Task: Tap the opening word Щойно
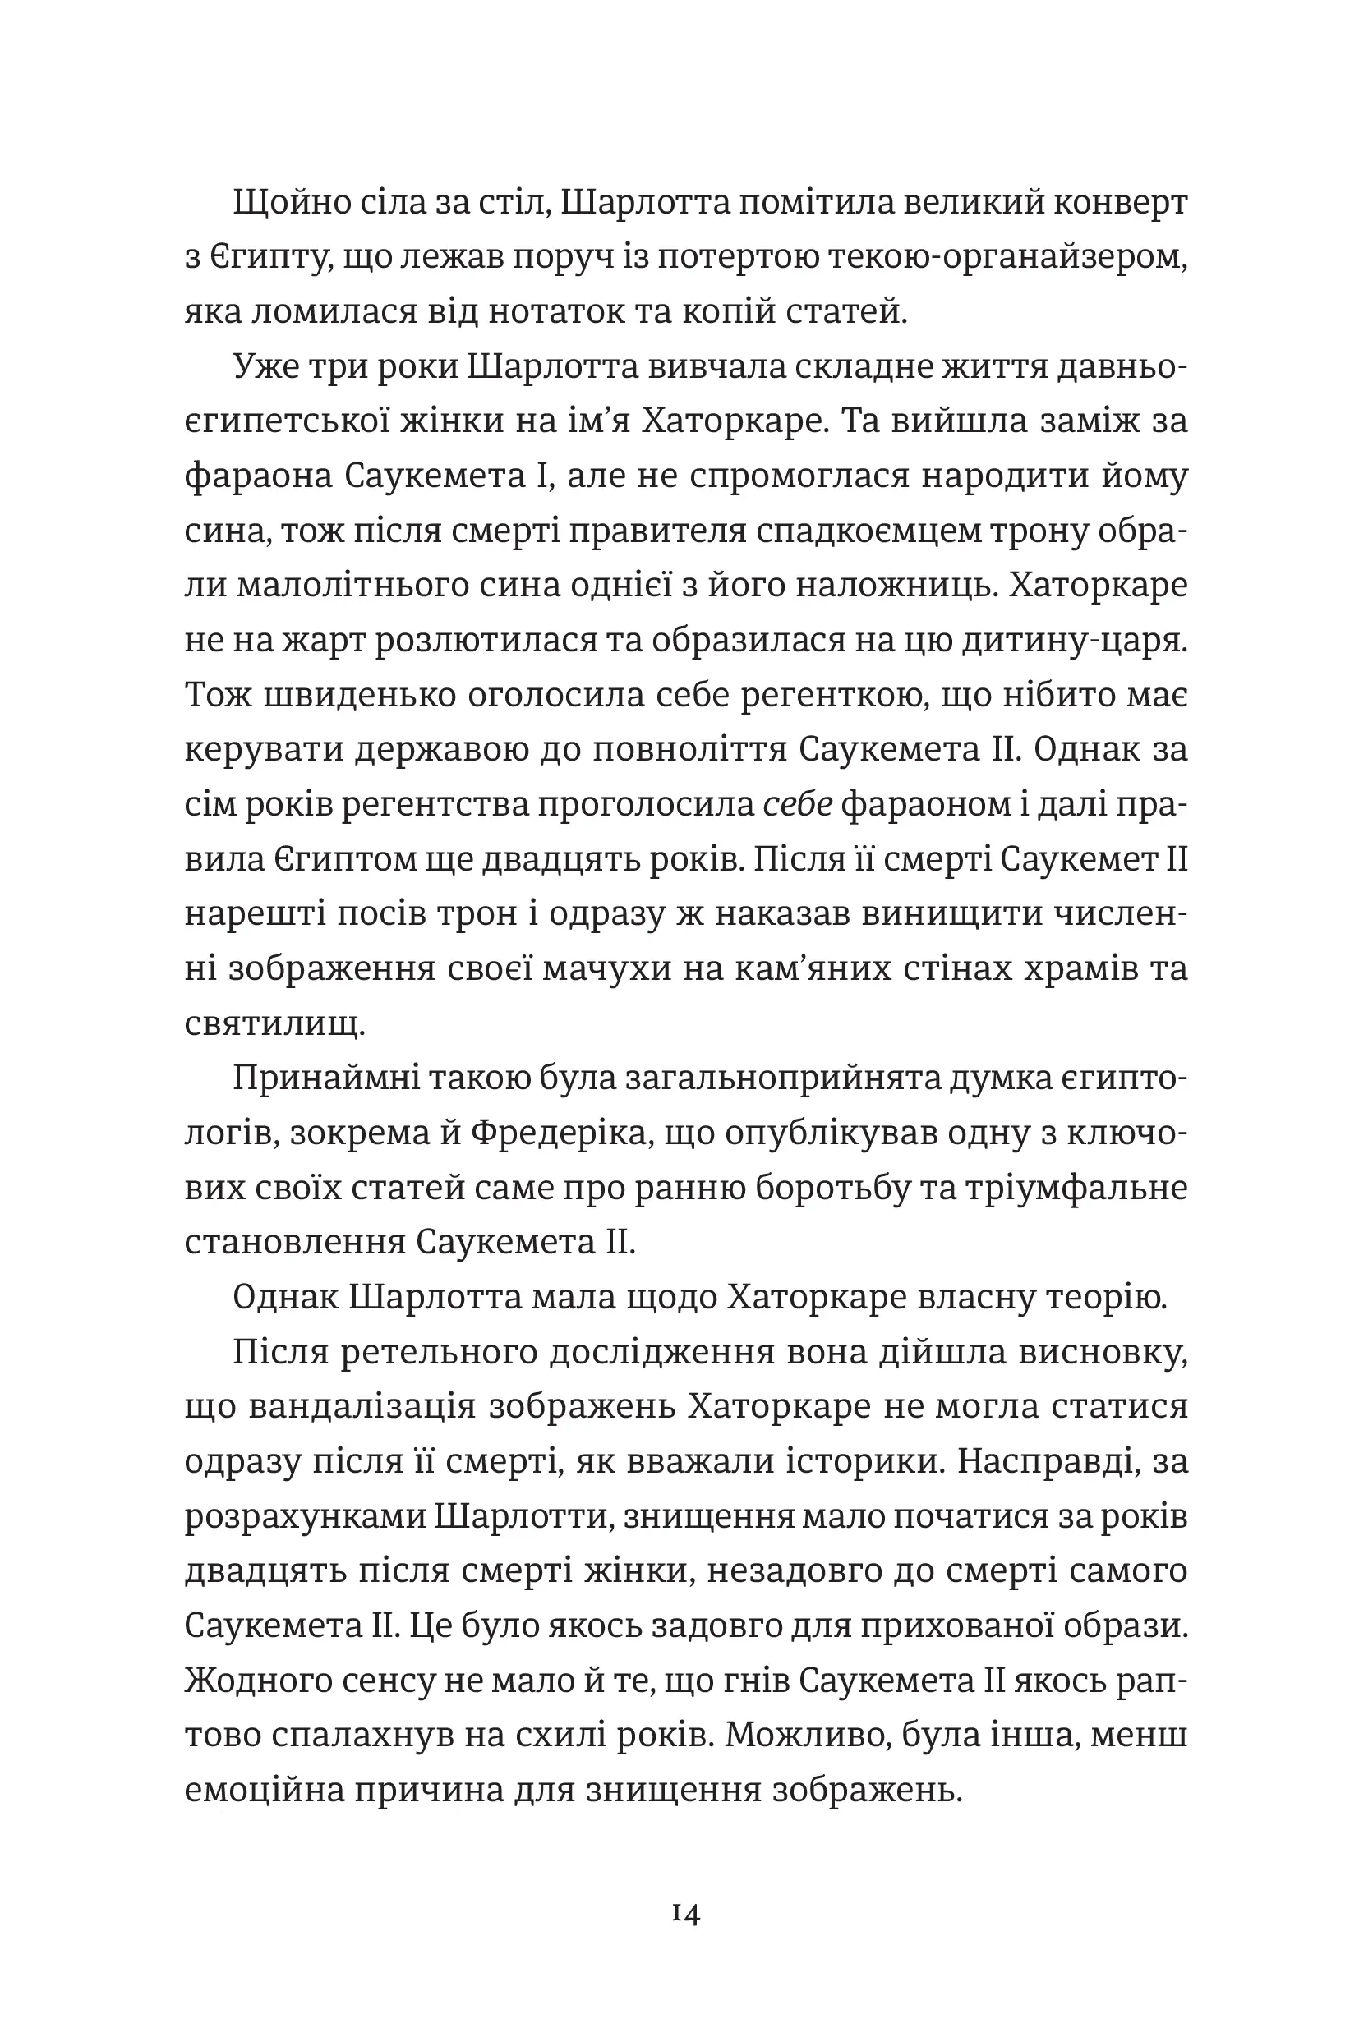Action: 282,203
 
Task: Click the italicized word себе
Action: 797,804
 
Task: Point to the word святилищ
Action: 274,1023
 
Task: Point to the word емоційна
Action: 263,1789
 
